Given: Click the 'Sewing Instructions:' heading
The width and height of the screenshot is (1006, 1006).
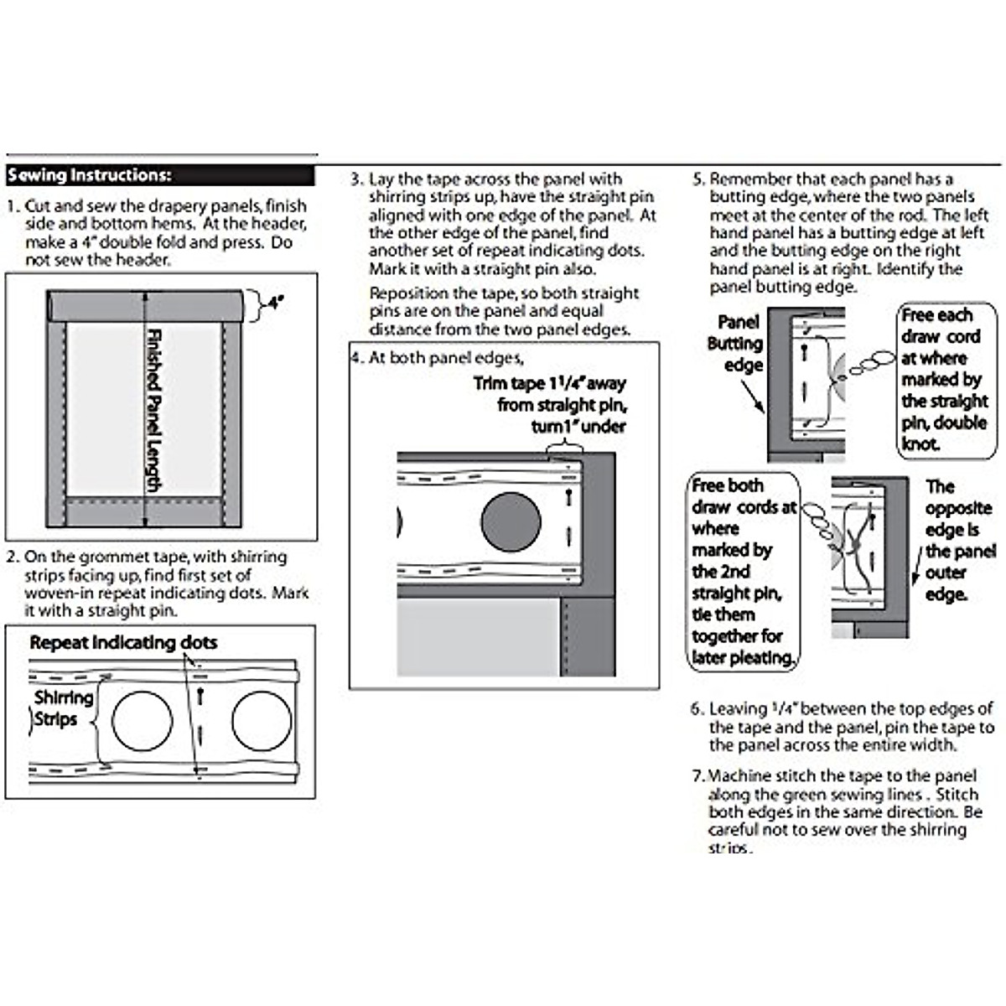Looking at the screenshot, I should coord(90,175).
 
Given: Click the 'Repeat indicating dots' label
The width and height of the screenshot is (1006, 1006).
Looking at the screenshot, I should coord(123,643).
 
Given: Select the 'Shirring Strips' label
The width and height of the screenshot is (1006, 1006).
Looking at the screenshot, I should coord(62,708).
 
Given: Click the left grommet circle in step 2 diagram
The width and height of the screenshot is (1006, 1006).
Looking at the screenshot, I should coord(143,721).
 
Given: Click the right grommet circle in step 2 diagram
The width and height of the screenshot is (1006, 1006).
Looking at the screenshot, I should coord(262,721).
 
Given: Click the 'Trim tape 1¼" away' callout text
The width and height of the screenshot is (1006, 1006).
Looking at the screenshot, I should coord(550,384).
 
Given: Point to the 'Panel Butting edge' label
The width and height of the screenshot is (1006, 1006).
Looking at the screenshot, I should coord(735,344).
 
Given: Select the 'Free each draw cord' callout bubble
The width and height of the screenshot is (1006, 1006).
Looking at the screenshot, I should coord(946,379).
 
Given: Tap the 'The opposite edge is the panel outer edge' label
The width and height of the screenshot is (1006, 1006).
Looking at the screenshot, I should coord(959,541).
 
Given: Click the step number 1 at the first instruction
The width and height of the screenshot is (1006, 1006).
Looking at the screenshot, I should coord(12,206).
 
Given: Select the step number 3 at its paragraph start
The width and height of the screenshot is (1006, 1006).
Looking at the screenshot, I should coord(356,179).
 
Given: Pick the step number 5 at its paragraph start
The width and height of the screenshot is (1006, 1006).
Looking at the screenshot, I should coord(697,179).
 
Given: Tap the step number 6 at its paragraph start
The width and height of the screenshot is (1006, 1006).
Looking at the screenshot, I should coord(697,709).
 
